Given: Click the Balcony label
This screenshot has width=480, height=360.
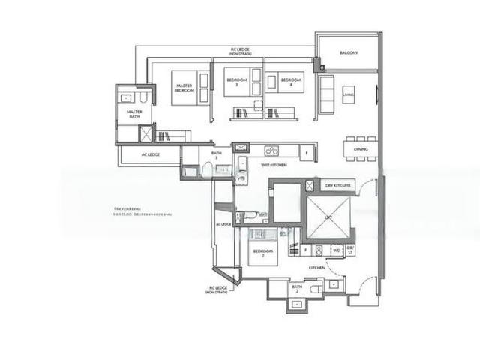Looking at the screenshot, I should pos(348,53).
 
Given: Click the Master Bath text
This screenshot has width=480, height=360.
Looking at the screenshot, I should pos(134,115).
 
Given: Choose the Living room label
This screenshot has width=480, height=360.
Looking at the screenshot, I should pos(348,94).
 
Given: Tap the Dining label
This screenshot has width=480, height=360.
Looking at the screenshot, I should pos(361,150).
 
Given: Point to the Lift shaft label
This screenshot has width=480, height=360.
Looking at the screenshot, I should pos(327,217).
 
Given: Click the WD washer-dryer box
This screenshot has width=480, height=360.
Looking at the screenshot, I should pos(337,250).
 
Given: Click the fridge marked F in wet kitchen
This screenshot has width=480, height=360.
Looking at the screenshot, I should pos(305,153).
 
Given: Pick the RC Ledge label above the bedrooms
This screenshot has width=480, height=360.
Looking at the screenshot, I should pos(241,51).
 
